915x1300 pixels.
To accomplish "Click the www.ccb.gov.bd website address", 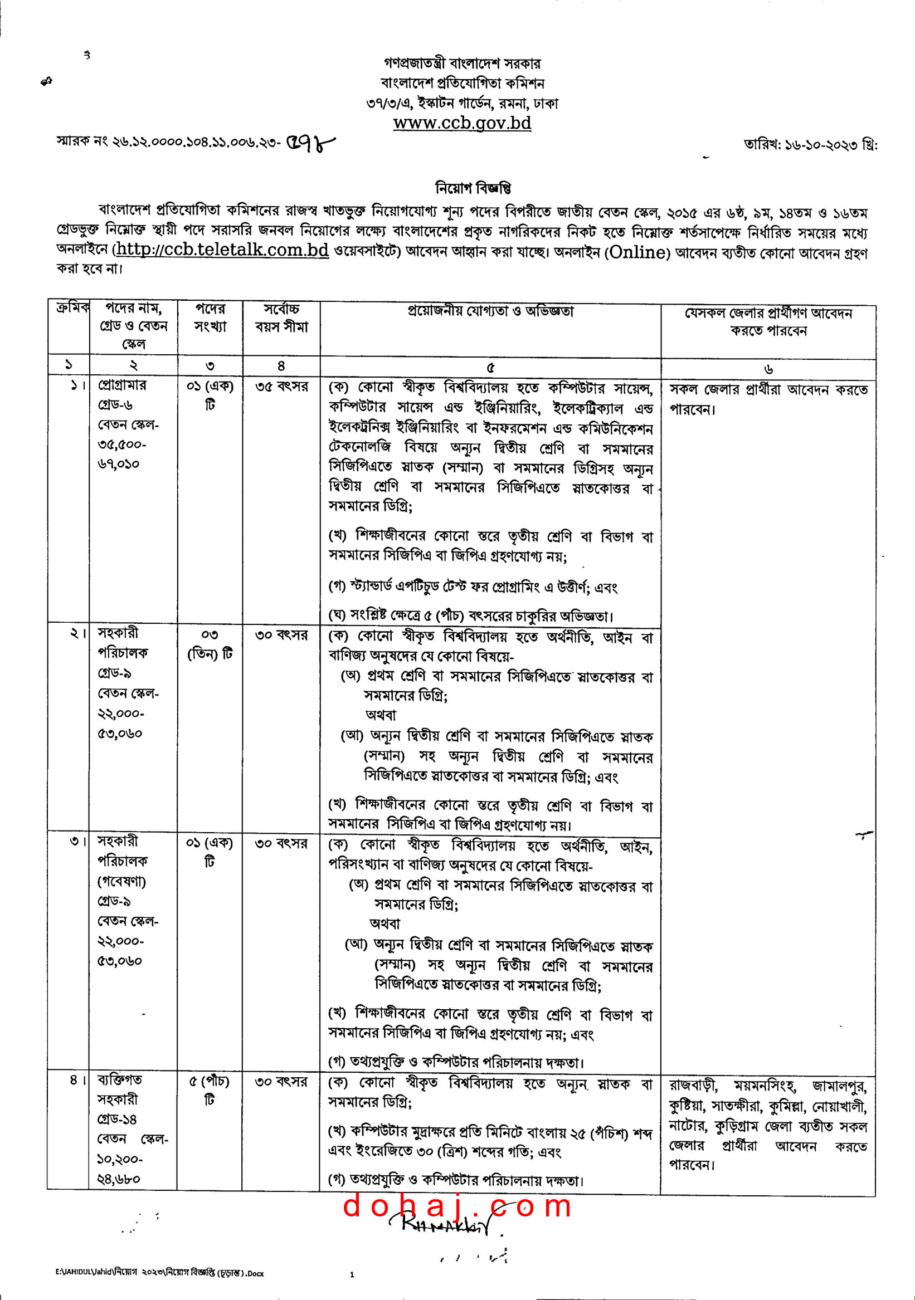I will click(463, 123).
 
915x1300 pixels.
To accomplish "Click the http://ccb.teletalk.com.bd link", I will click(222, 250).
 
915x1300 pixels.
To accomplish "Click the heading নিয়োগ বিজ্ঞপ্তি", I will click(473, 187).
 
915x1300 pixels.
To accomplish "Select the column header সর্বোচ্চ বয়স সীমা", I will click(281, 317).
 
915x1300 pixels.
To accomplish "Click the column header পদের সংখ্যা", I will click(210, 317).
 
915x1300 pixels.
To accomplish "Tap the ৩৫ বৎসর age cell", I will click(281, 387).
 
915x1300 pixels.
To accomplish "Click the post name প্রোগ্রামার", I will click(122, 385).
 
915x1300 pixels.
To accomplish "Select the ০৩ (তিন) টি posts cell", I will click(210, 644).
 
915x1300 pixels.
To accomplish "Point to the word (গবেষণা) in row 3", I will click(121, 882).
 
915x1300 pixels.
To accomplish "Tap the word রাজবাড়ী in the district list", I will click(693, 1086).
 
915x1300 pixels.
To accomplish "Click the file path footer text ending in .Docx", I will click(160, 1273).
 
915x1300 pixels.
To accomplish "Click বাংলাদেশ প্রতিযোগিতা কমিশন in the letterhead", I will click(463, 84).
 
